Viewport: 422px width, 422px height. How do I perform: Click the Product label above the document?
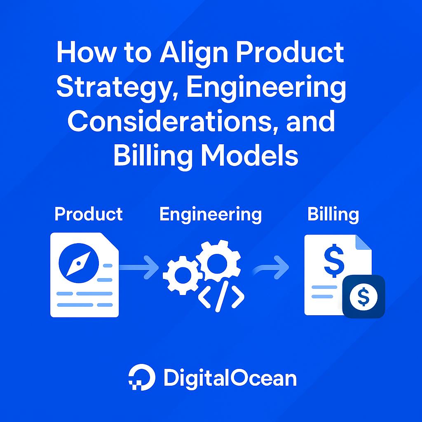[89, 214]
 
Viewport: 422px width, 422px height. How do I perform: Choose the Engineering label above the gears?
[210, 214]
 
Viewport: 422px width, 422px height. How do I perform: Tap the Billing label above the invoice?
[333, 214]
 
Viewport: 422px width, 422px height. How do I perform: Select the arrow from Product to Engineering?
[139, 267]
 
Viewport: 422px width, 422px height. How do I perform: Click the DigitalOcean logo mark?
[141, 377]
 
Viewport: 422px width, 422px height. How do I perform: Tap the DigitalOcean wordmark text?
[230, 377]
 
